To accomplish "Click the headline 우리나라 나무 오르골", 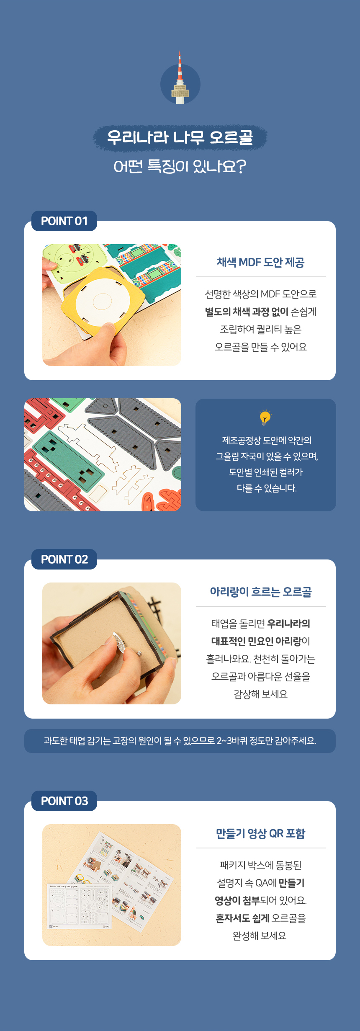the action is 180,137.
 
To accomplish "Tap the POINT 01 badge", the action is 64,221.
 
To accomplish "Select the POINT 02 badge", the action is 64,559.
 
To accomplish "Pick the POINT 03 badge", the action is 64,801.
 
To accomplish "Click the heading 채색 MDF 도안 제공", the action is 260,263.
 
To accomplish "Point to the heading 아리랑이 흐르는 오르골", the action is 261,592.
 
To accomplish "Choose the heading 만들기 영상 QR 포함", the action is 260,833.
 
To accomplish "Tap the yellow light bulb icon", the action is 265,418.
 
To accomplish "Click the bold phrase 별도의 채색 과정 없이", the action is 247,312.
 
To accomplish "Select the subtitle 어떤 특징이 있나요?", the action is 180,166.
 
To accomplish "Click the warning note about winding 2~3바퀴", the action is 180,741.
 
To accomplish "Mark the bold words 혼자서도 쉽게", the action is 242,918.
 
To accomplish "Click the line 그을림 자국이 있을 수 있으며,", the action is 267,456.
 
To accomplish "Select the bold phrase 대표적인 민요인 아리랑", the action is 256,641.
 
